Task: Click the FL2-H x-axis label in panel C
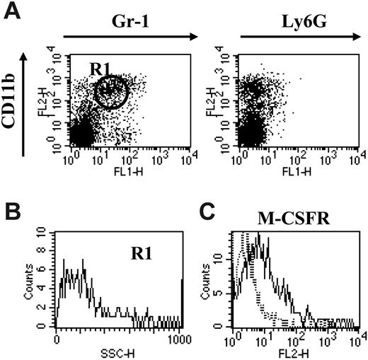point(300,352)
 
